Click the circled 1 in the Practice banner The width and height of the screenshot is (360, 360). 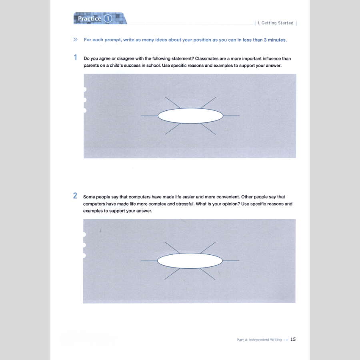(x=108, y=19)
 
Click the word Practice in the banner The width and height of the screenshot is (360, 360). (x=90, y=19)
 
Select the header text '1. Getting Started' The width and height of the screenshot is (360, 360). (x=275, y=23)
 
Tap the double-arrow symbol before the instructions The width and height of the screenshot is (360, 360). (x=75, y=40)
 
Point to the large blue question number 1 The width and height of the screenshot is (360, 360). (x=75, y=58)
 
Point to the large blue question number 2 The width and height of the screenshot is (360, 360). (x=75, y=196)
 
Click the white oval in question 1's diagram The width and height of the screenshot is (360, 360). (x=190, y=116)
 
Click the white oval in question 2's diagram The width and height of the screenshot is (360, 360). (x=190, y=261)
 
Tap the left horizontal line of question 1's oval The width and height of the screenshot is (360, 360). (x=150, y=116)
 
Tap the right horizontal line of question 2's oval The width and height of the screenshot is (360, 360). (x=231, y=261)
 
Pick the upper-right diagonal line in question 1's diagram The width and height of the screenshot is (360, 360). (x=208, y=102)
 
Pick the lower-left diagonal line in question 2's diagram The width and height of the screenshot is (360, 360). (x=172, y=273)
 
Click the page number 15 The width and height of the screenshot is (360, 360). (x=293, y=340)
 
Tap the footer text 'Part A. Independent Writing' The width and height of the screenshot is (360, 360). (x=259, y=340)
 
